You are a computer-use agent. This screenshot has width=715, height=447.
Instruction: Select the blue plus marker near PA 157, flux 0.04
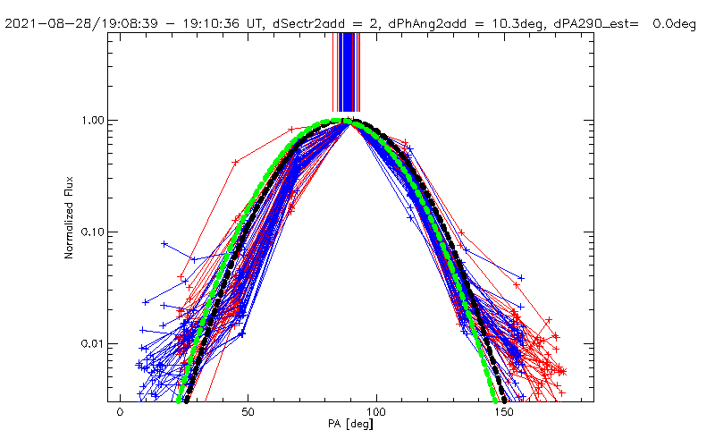pos(521,278)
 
